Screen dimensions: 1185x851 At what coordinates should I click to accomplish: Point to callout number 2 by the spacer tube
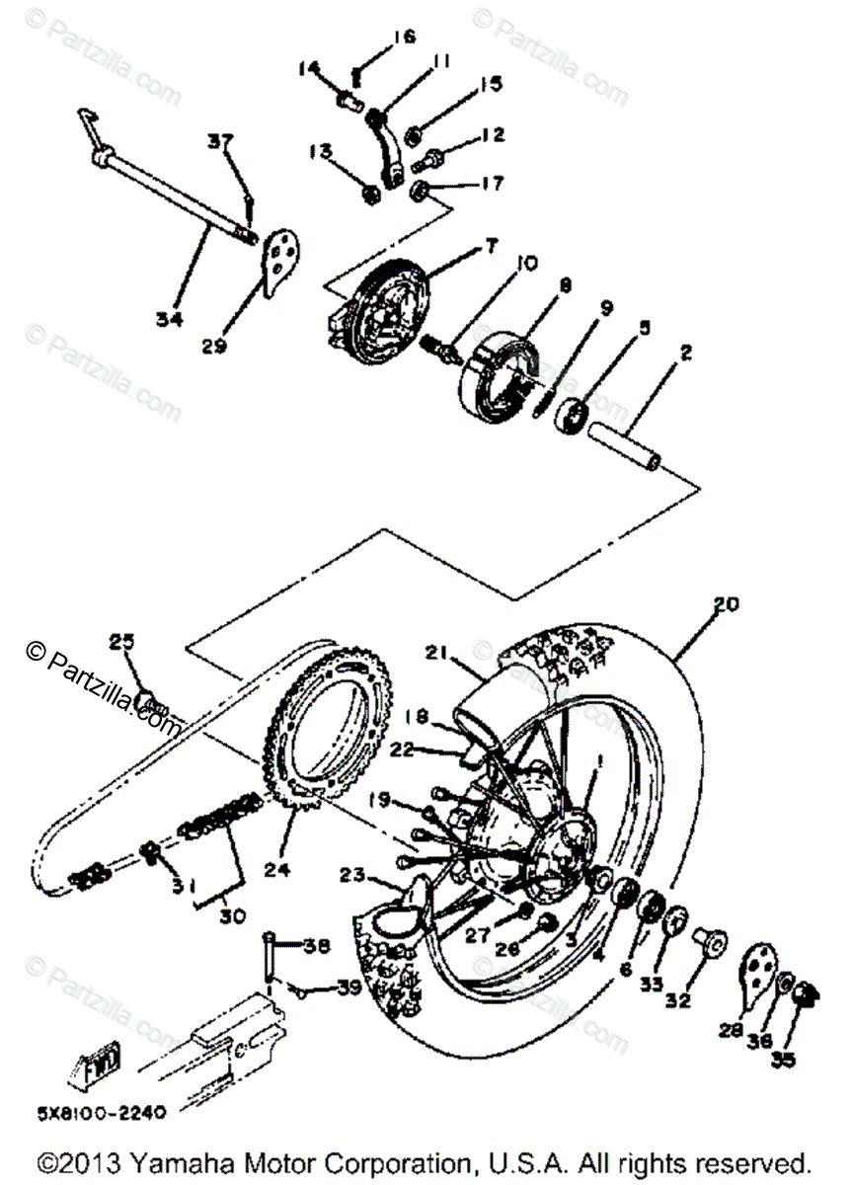coord(685,351)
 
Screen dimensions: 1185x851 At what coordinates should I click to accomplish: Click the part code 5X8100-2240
coord(90,1112)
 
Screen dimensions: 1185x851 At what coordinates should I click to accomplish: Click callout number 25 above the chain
coord(121,643)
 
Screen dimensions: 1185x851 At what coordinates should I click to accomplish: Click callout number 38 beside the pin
coord(315,945)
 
